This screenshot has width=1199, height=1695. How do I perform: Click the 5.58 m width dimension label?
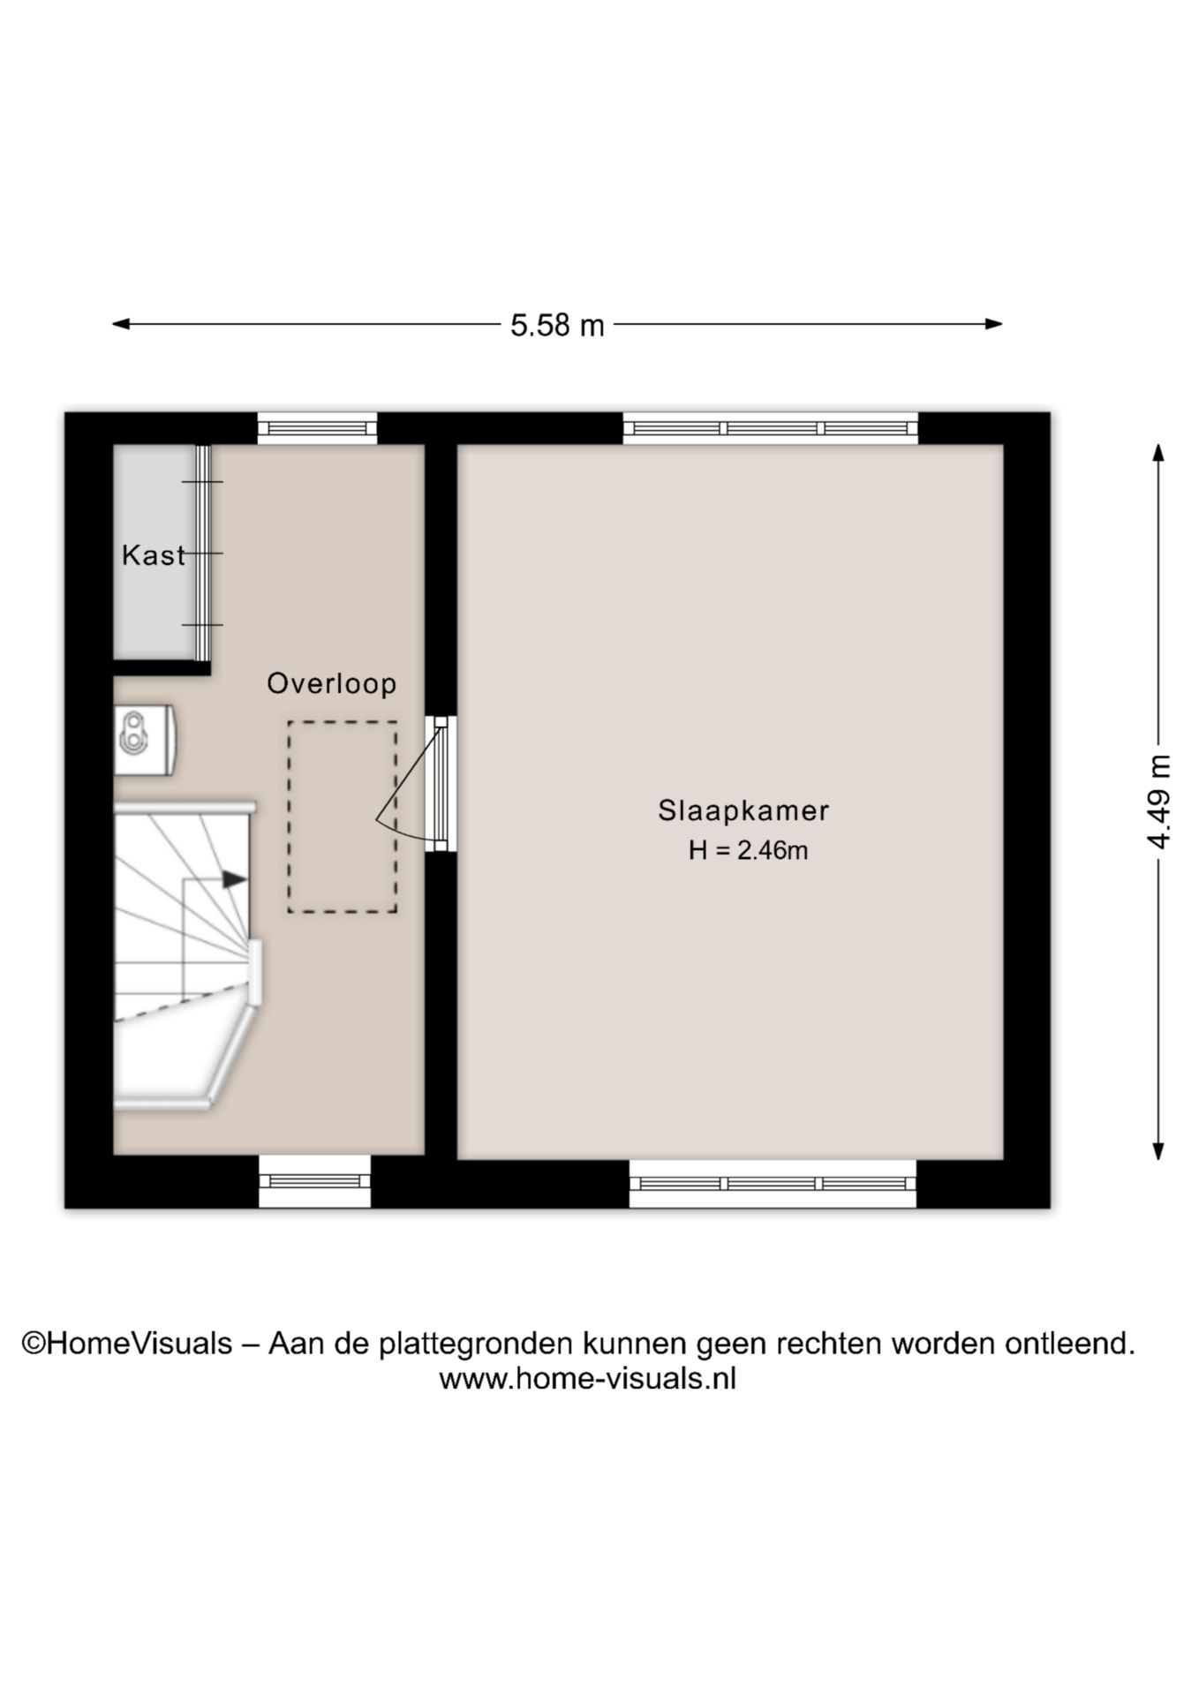point(557,326)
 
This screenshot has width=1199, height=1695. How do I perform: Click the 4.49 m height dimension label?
point(1158,802)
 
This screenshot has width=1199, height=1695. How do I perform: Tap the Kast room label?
point(154,555)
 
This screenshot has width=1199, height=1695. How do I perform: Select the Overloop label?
point(332,683)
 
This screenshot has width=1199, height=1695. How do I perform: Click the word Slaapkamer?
point(743,810)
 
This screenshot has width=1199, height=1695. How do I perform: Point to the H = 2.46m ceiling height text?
point(748,850)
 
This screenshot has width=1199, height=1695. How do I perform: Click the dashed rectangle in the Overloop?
point(342,817)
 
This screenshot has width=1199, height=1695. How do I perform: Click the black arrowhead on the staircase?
point(234,879)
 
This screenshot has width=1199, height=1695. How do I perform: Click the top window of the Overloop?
point(317,428)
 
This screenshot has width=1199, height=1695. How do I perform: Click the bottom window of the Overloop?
point(314,1181)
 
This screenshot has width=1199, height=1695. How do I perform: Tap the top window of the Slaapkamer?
point(770,428)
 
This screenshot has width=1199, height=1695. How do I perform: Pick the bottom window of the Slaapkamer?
point(773,1184)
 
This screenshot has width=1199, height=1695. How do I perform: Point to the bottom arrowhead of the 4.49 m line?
point(1158,1151)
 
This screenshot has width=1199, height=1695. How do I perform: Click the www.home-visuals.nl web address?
point(587,1378)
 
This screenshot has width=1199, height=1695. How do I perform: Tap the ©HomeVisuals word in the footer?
point(127,1343)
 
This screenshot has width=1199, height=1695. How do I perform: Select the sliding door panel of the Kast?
point(203,553)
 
